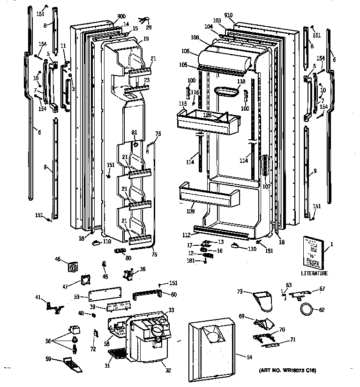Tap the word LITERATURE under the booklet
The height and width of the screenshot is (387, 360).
click(314, 273)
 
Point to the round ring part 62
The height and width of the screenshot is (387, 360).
click(306, 310)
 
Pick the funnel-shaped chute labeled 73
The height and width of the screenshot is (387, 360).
click(262, 301)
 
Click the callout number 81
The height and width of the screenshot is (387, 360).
click(135, 132)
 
